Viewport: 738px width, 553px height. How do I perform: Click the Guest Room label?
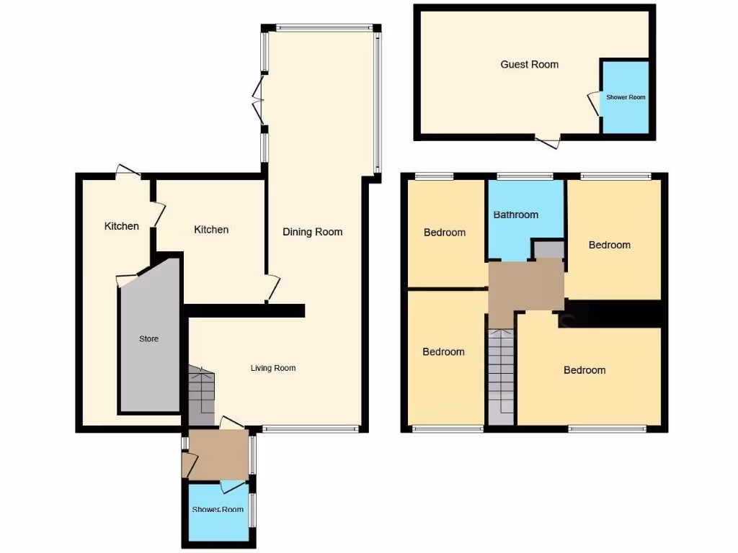click(x=529, y=64)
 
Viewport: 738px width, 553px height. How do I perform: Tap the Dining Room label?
click(x=312, y=232)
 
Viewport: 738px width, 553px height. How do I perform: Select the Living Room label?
click(x=273, y=368)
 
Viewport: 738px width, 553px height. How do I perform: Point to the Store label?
click(x=148, y=338)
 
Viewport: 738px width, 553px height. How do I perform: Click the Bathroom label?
click(x=515, y=215)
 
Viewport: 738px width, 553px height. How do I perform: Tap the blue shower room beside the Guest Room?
click(x=625, y=97)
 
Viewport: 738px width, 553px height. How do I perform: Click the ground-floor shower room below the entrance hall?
click(x=217, y=511)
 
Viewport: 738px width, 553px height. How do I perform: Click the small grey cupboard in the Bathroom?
click(x=548, y=249)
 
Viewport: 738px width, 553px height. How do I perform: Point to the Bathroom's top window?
click(x=524, y=175)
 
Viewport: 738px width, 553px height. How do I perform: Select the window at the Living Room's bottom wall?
click(x=310, y=429)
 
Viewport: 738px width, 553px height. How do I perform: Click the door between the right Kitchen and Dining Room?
click(x=271, y=287)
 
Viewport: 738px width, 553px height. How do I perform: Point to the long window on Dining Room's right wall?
click(x=376, y=101)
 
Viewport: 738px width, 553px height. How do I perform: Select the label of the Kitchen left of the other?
click(x=122, y=226)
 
